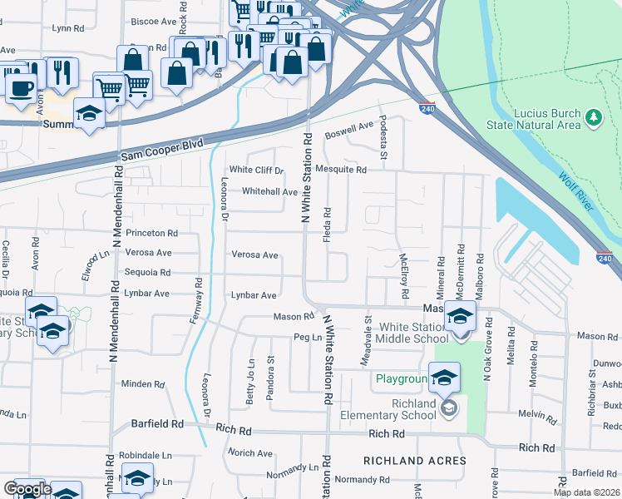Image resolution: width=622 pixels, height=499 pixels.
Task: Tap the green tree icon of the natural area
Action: click(x=594, y=118)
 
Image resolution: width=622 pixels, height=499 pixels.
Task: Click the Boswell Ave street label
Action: click(x=349, y=130)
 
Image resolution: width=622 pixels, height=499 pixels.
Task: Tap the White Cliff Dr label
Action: click(x=257, y=170)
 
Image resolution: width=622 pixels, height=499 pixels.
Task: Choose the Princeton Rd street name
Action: click(x=151, y=234)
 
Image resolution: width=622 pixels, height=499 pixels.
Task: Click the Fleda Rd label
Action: click(x=328, y=222)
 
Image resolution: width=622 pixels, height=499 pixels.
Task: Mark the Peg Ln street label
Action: click(x=307, y=338)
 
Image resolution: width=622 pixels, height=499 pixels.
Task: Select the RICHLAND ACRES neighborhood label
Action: click(x=405, y=460)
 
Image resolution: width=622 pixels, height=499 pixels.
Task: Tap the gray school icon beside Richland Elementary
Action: click(x=449, y=408)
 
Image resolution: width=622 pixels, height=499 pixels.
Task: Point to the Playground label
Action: click(x=400, y=379)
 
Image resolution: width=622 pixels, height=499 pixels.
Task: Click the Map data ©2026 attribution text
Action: click(x=587, y=492)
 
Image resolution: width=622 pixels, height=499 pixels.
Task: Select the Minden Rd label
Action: click(x=142, y=384)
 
